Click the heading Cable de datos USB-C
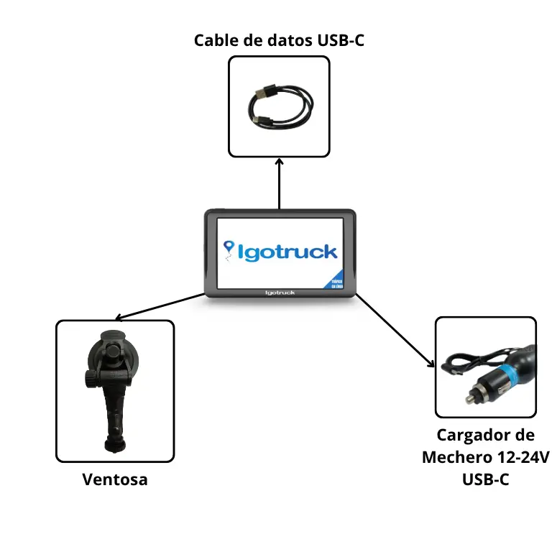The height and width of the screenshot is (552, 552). tap(279, 40)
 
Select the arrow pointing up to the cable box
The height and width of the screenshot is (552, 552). tap(279, 183)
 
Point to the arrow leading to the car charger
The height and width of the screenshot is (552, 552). tap(396, 331)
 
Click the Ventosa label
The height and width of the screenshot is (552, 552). tap(115, 479)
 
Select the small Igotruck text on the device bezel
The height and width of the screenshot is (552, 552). tap(280, 292)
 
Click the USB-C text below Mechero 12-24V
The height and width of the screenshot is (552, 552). tap(485, 479)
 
